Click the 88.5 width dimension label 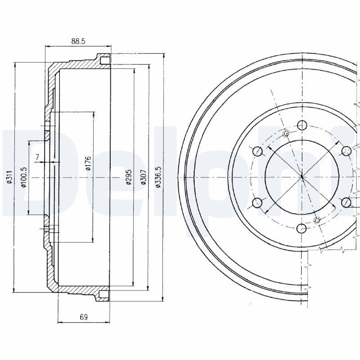coord(77,41)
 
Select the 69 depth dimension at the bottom coord(83,317)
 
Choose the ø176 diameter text coord(88,164)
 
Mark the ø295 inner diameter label coord(128,178)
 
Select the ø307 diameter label coord(143,178)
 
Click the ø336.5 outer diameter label coord(157,178)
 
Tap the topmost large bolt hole coord(302,125)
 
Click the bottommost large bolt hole coord(302,229)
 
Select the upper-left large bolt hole coord(257,151)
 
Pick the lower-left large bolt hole coord(257,203)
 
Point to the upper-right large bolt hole coord(346,151)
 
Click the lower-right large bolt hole coord(346,203)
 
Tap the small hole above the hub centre coord(286,134)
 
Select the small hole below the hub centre coord(317,220)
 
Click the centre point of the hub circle coord(302,177)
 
